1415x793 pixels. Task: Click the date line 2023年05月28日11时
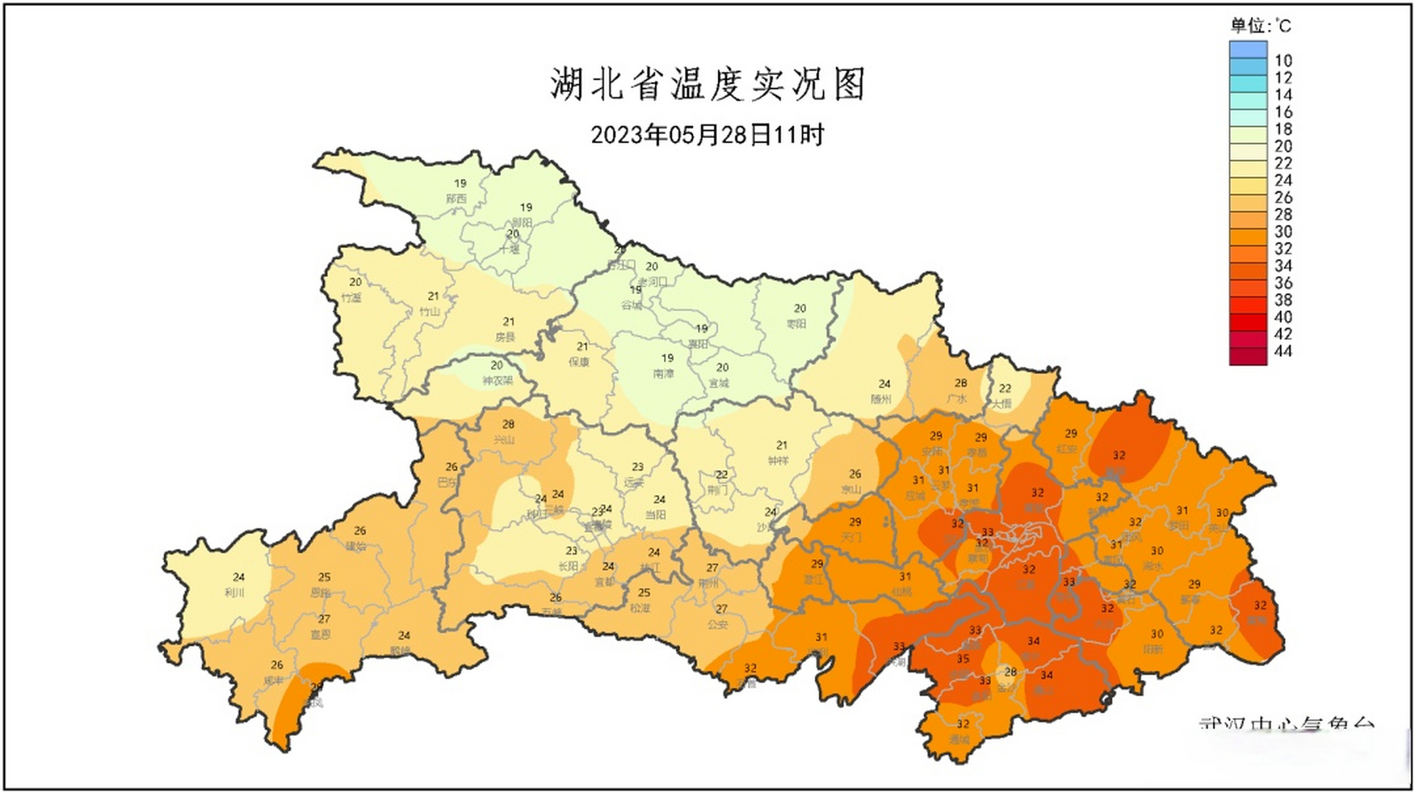(x=707, y=134)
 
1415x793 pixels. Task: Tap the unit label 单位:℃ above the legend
(x=1260, y=25)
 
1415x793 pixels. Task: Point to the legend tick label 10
(x=1283, y=61)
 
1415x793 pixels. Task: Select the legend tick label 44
(x=1283, y=351)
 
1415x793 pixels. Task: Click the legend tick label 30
(x=1283, y=232)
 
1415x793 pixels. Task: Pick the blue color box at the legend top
(x=1248, y=49)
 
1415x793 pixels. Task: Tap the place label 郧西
(x=456, y=199)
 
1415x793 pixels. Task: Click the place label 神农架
(x=497, y=380)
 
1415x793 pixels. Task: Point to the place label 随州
(x=881, y=399)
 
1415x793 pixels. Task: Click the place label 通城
(x=959, y=739)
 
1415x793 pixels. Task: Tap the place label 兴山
(x=504, y=440)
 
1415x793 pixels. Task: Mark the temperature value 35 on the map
(x=963, y=659)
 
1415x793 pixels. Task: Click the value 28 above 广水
(x=960, y=383)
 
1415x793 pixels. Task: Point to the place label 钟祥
(x=778, y=460)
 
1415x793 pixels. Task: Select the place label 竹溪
(x=351, y=297)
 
